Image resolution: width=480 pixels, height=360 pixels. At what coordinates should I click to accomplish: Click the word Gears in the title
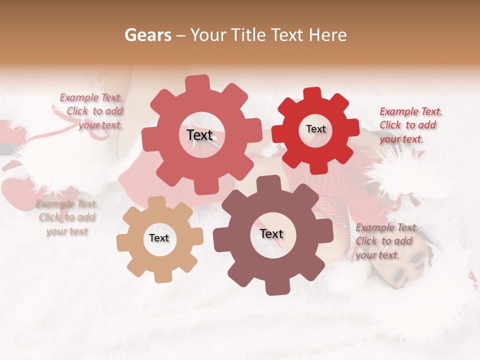[147, 35]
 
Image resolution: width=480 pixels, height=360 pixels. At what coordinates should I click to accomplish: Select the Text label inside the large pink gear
[199, 135]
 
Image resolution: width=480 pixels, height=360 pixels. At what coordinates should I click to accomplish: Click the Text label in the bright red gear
[315, 129]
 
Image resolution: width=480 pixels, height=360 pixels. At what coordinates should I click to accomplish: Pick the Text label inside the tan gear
[159, 238]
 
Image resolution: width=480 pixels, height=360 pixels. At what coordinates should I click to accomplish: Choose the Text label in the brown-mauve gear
[271, 233]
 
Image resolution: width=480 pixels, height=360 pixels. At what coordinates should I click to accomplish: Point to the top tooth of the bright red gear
[312, 94]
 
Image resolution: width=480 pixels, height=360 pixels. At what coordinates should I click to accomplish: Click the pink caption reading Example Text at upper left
[91, 98]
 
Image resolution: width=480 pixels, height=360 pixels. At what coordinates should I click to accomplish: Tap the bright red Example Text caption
[410, 111]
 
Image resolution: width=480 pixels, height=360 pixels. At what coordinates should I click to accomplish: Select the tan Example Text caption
[66, 204]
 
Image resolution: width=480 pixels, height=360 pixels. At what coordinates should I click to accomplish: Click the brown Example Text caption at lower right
[386, 228]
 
